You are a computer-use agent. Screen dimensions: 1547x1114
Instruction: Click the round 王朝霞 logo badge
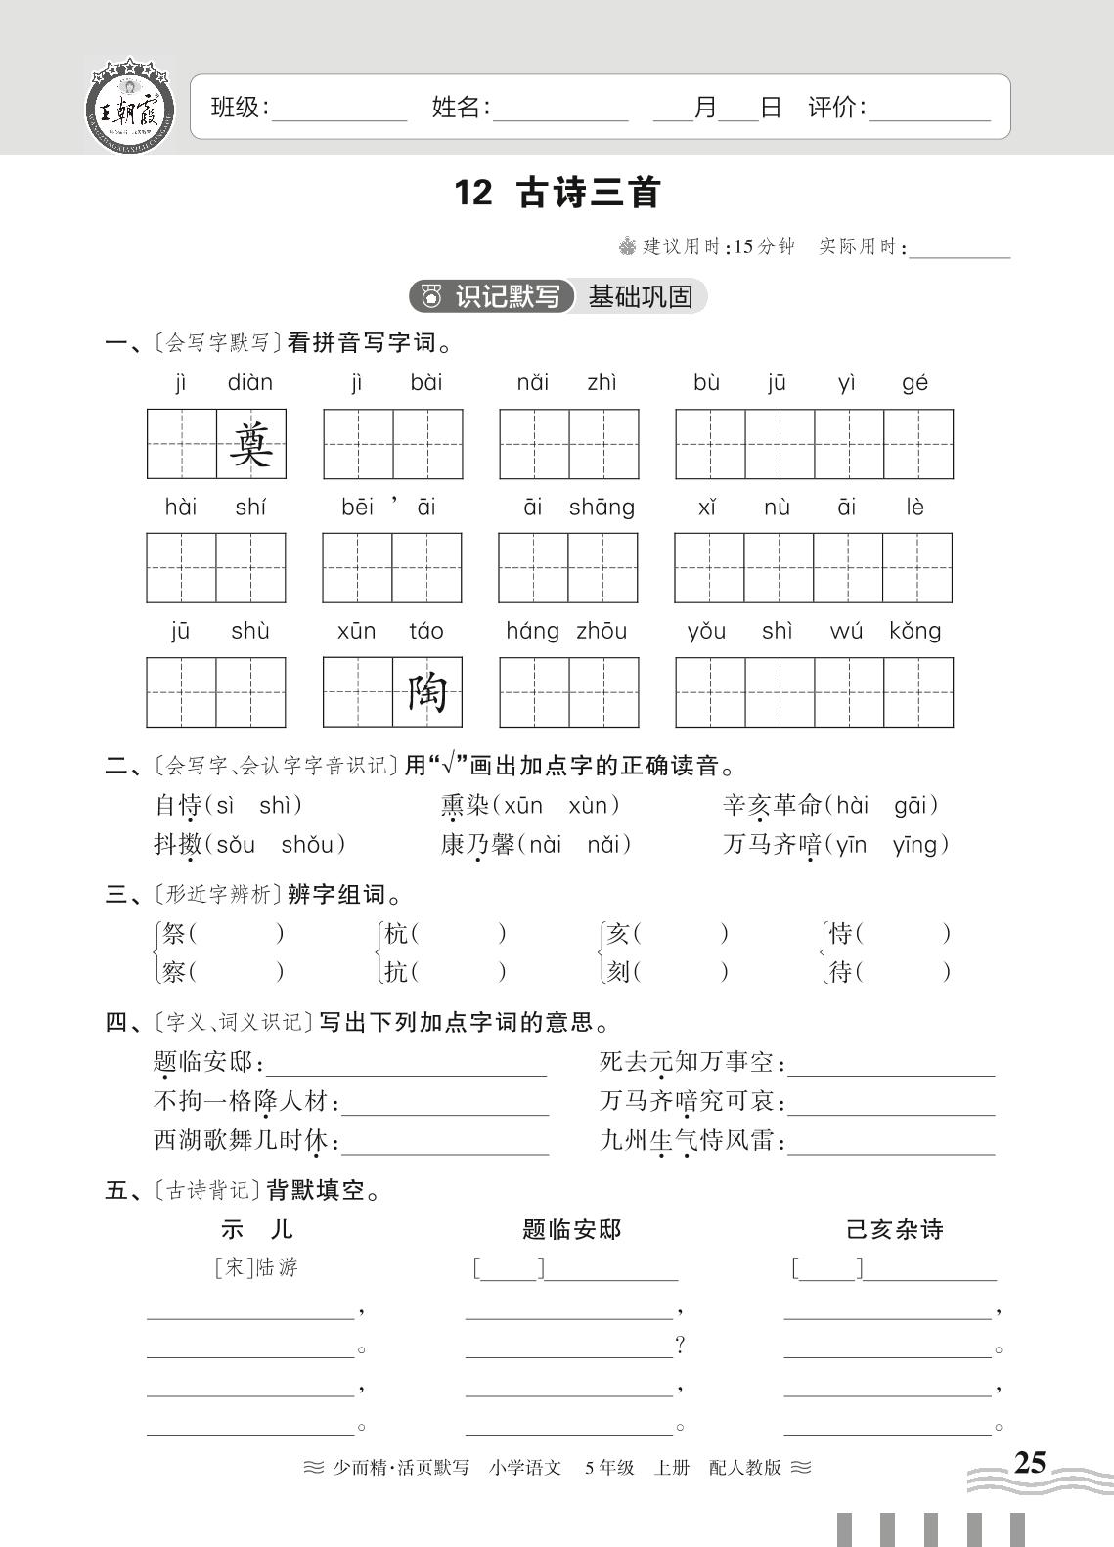(x=130, y=107)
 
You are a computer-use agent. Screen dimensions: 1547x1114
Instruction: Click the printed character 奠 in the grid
(x=251, y=444)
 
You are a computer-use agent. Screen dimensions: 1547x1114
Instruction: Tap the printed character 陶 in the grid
(x=427, y=692)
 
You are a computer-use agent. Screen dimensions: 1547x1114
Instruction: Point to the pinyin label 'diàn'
(x=250, y=382)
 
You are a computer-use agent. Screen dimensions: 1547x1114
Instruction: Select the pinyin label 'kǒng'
(x=915, y=631)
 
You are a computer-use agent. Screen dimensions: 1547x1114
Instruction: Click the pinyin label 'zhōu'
(x=602, y=631)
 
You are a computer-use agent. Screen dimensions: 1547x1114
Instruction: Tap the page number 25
(x=1029, y=1463)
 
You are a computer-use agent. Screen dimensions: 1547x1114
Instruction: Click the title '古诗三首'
(x=589, y=193)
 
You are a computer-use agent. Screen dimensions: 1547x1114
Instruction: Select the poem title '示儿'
(x=256, y=1229)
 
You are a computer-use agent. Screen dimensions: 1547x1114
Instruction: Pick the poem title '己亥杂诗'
(x=894, y=1229)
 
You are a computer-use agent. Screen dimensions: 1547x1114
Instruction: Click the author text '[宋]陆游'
(x=255, y=1268)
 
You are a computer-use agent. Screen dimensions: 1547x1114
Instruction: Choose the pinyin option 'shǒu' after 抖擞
(x=308, y=845)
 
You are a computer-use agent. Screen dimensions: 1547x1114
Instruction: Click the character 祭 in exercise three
(x=174, y=934)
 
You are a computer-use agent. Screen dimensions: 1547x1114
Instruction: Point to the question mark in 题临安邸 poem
(x=681, y=1346)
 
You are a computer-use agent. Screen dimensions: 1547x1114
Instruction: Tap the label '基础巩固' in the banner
(x=641, y=296)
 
